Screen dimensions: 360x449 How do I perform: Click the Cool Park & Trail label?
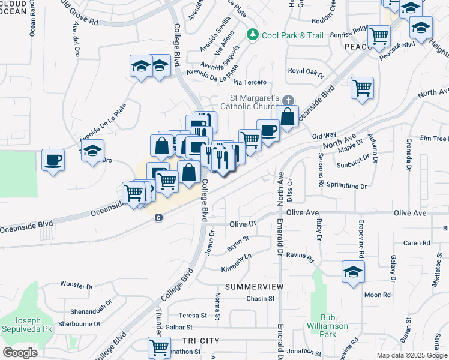(292, 35)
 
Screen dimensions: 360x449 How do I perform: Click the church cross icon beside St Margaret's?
(288, 100)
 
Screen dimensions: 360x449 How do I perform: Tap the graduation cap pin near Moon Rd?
(353, 272)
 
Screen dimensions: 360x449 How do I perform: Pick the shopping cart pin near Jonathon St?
(159, 347)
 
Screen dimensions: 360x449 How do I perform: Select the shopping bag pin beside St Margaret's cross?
(288, 116)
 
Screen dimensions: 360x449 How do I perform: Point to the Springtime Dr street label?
(347, 187)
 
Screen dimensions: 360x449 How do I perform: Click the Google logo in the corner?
(20, 353)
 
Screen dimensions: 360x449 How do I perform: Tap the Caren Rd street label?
(417, 243)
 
